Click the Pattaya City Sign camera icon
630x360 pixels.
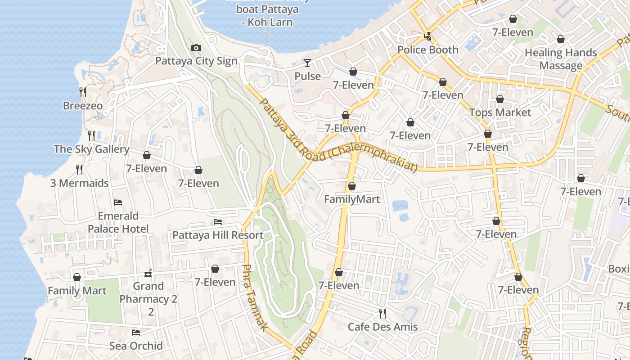(x=196, y=48)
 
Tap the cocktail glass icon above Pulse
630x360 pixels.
(x=307, y=63)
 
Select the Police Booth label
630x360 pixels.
(x=428, y=50)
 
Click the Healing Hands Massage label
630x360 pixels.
(x=561, y=59)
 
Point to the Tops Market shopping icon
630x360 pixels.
(x=500, y=99)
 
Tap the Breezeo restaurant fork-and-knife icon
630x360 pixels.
(x=83, y=92)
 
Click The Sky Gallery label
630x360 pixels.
(x=92, y=149)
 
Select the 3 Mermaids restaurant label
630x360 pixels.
(x=79, y=183)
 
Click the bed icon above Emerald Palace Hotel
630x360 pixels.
(x=118, y=202)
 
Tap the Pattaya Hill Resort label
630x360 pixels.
(x=218, y=235)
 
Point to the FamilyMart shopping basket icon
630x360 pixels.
(x=352, y=186)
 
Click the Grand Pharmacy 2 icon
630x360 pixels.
(x=148, y=273)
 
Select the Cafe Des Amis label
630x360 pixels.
(x=382, y=327)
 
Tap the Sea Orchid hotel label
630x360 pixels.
(x=136, y=346)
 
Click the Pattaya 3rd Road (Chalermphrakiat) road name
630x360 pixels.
(x=337, y=135)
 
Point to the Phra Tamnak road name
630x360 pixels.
(x=255, y=297)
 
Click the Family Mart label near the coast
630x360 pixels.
(x=77, y=291)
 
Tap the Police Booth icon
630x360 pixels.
(x=428, y=36)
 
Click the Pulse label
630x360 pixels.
(x=308, y=76)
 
